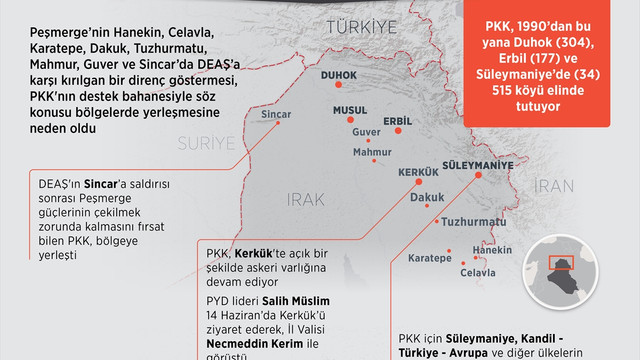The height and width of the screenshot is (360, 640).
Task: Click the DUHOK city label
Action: tap(338, 75)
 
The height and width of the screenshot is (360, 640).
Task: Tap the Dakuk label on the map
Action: tap(428, 198)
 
